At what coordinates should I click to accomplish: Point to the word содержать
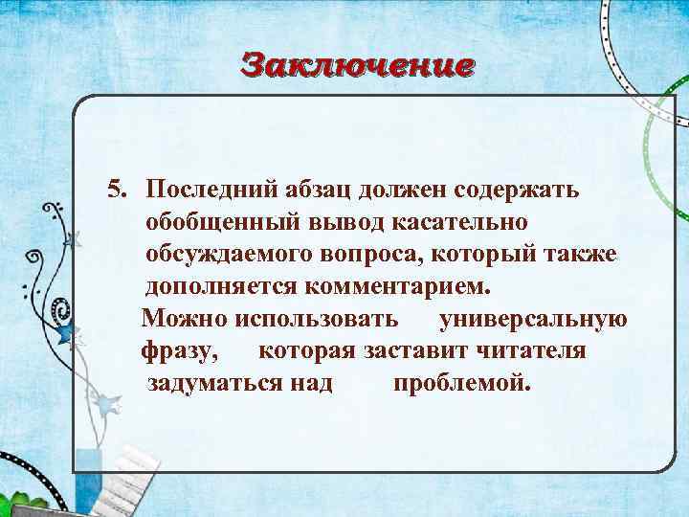521,189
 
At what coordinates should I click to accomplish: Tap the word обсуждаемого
231,254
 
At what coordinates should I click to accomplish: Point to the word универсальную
533,319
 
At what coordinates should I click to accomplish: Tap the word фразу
180,352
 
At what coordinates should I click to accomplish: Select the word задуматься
214,384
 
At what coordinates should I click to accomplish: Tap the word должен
403,189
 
